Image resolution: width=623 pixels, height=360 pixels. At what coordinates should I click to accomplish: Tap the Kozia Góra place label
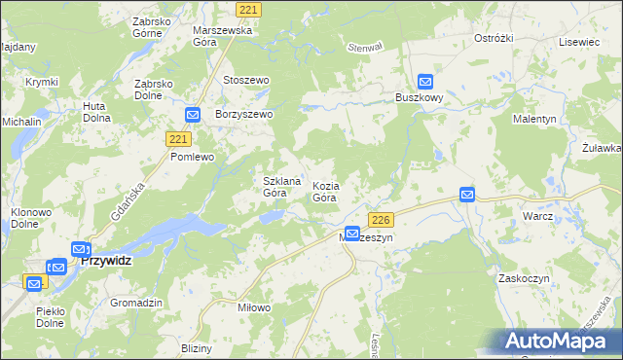pyautogui.click(x=325, y=191)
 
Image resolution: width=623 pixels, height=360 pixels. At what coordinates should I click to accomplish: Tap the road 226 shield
pyautogui.click(x=382, y=220)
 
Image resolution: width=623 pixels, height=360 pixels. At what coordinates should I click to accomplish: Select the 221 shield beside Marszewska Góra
pyautogui.click(x=250, y=10)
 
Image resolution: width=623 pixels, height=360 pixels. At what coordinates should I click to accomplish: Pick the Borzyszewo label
pyautogui.click(x=244, y=114)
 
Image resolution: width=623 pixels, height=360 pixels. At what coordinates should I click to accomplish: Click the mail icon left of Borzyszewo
pyautogui.click(x=193, y=114)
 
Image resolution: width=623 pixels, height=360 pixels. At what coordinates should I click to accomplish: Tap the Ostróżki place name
pyautogui.click(x=493, y=38)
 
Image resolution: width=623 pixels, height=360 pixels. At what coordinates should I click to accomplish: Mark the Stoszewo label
pyautogui.click(x=246, y=80)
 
